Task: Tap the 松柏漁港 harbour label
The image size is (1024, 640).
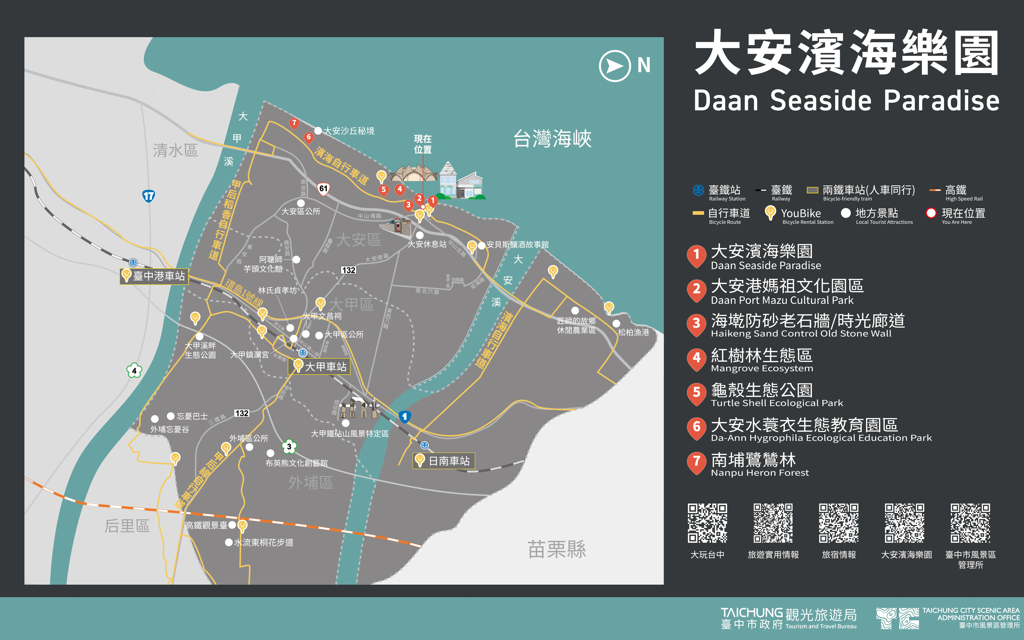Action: coord(633,332)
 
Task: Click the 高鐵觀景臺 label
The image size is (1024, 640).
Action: coord(206,525)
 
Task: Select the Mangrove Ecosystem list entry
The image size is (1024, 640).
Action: coord(754,360)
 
